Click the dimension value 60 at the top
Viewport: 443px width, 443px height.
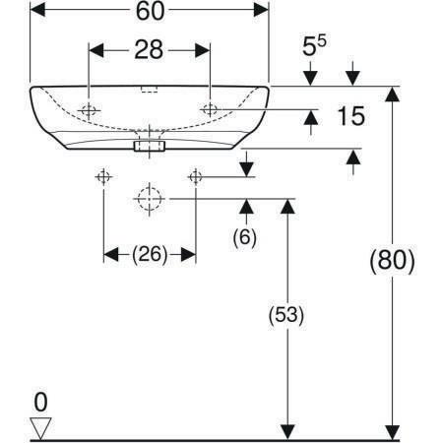tap(150, 11)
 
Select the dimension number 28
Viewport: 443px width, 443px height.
tap(149, 50)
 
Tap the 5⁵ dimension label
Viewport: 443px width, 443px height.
tap(314, 45)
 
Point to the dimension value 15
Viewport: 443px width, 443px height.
tap(350, 116)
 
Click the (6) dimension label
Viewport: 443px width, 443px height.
tap(244, 237)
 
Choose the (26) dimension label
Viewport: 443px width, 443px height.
tap(150, 254)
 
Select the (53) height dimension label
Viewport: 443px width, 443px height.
tap(286, 315)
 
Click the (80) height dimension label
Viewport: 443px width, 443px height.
tap(392, 261)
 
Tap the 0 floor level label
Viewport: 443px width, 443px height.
tap(40, 402)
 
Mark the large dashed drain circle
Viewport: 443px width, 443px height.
tap(150, 199)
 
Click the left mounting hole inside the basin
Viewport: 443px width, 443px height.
tap(89, 110)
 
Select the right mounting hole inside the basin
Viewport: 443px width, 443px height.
tap(210, 109)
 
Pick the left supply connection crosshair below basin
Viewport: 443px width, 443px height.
tap(103, 177)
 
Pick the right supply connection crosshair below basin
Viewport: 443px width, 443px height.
tap(196, 177)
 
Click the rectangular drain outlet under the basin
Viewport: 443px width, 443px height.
tap(150, 146)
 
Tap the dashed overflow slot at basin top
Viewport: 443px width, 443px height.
tap(150, 90)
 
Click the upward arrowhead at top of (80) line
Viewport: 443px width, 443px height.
tap(392, 95)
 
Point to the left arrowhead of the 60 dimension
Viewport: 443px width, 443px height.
tap(37, 10)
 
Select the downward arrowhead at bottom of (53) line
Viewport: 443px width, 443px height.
tap(287, 432)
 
